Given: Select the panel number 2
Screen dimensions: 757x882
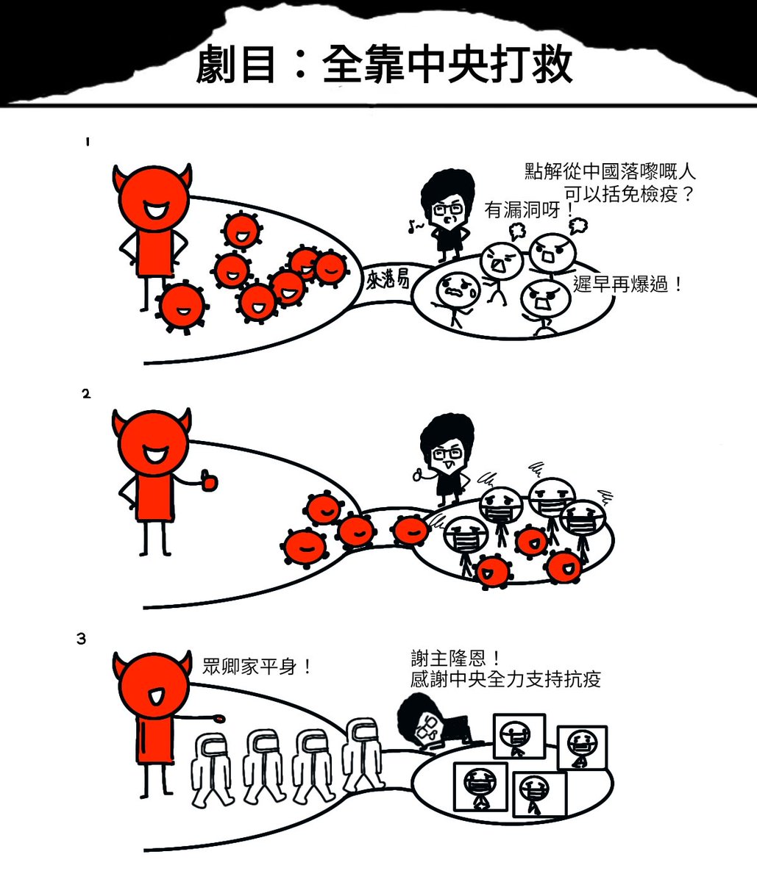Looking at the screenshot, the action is [86, 394].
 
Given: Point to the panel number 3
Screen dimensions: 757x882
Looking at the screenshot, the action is [82, 639].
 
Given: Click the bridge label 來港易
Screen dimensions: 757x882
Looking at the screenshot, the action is [387, 280].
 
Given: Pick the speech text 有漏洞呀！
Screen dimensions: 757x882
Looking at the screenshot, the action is [529, 211].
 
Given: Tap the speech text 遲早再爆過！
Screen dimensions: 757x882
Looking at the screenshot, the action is [628, 285].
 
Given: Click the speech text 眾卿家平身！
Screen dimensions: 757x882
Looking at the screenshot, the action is [257, 667].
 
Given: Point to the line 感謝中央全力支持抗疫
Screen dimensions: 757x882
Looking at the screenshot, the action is [505, 678].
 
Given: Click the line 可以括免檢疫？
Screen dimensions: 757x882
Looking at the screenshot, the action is [629, 195].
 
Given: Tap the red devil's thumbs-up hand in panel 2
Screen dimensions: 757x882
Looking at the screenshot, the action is [209, 481].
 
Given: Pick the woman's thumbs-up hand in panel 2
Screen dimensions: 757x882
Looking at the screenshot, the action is [420, 474].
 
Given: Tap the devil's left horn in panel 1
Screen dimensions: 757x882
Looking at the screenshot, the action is [120, 177].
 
